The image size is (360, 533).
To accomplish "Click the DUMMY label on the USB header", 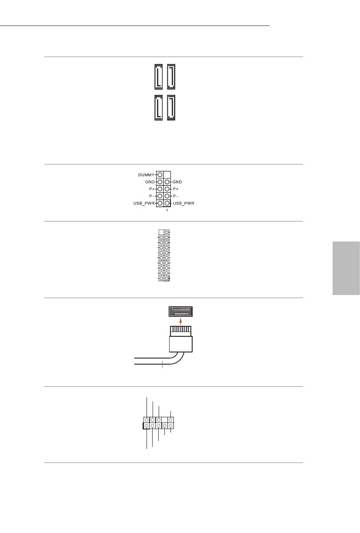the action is pos(147,174).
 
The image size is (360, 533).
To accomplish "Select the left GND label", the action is pos(150,182).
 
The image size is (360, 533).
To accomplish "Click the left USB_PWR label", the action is pos(144,203).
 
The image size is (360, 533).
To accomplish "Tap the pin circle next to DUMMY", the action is pos(160,174).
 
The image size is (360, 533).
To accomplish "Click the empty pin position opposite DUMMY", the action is pos(167,174).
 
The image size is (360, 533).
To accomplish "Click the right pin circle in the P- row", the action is pos(167,196).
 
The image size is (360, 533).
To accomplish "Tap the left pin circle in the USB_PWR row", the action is pos(160,203).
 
